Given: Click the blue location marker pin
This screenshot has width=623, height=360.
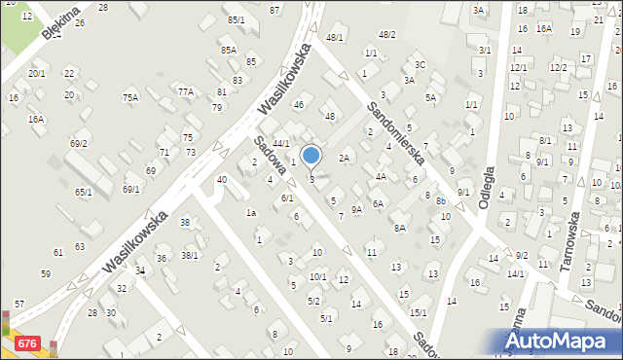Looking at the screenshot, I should pyautogui.click(x=311, y=156).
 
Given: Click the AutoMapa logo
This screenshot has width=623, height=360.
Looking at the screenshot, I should pyautogui.click(x=562, y=342).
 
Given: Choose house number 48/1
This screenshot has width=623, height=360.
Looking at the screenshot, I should pyautogui.click(x=335, y=37).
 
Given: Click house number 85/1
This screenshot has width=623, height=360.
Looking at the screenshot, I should pyautogui.click(x=236, y=19).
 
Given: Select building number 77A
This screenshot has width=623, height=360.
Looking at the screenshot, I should pyautogui.click(x=186, y=91).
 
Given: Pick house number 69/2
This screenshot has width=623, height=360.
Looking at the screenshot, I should pyautogui.click(x=79, y=144).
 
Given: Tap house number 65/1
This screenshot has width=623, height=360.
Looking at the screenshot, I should pyautogui.click(x=84, y=192).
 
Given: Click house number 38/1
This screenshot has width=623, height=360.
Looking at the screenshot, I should pyautogui.click(x=189, y=256).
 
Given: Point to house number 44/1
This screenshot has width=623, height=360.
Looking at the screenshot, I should pyautogui.click(x=280, y=143).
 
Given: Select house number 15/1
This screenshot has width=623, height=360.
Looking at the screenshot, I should pyautogui.click(x=418, y=312).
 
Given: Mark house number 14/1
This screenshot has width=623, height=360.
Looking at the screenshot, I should pyautogui.click(x=515, y=273).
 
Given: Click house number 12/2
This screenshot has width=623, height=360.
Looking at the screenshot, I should pyautogui.click(x=558, y=67).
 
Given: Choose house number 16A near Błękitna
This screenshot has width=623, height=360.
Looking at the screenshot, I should pyautogui.click(x=36, y=119).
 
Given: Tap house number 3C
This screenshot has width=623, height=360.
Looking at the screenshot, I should pyautogui.click(x=420, y=65).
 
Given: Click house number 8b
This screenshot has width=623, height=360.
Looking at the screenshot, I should pyautogui.click(x=441, y=201).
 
